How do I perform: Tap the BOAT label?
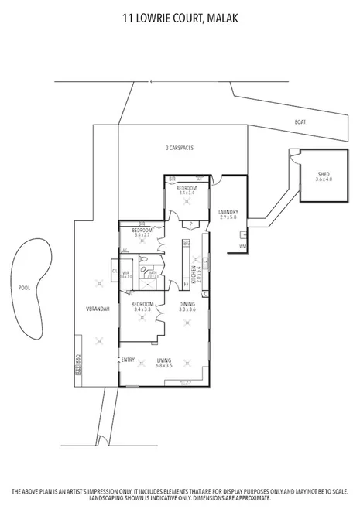point(300,122)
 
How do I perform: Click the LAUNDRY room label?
point(228,214)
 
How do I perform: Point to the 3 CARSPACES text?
point(179,148)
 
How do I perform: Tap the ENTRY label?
point(129,359)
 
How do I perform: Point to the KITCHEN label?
point(197,275)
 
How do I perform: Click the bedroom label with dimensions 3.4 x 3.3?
point(142,306)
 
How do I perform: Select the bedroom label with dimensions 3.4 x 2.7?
point(142,231)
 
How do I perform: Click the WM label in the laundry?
point(242,246)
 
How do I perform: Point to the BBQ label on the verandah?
point(77,360)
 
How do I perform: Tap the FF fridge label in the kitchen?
point(187,244)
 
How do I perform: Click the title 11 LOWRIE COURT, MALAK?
point(180,15)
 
